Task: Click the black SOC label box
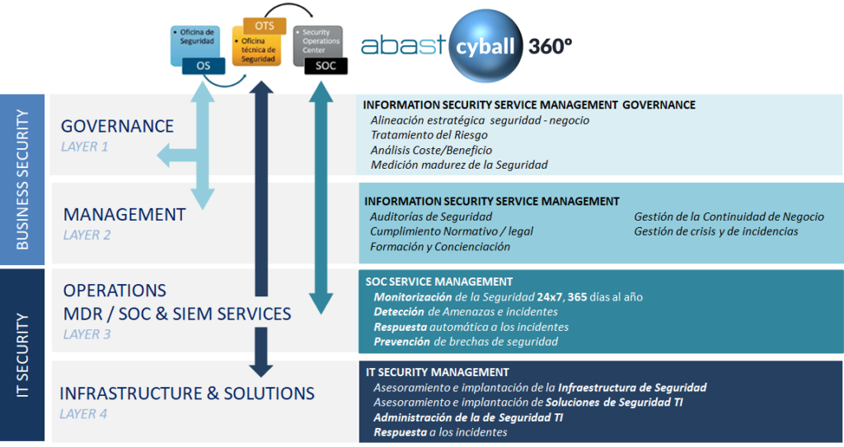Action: tap(326, 66)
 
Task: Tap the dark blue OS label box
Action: tap(203, 65)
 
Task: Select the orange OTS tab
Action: tap(265, 26)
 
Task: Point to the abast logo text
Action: tap(404, 46)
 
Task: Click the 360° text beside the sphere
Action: tap(551, 45)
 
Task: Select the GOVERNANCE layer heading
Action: tap(117, 126)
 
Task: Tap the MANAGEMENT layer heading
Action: tap(124, 214)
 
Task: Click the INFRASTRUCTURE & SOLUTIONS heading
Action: tap(187, 393)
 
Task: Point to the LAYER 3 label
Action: tap(87, 334)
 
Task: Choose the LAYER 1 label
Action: tap(84, 147)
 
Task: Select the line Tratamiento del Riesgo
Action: tap(429, 135)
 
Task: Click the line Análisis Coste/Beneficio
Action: tap(431, 150)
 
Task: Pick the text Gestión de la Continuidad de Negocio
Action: tap(729, 217)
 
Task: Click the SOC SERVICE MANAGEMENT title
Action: tap(438, 282)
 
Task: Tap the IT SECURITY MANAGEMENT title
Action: tap(437, 372)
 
